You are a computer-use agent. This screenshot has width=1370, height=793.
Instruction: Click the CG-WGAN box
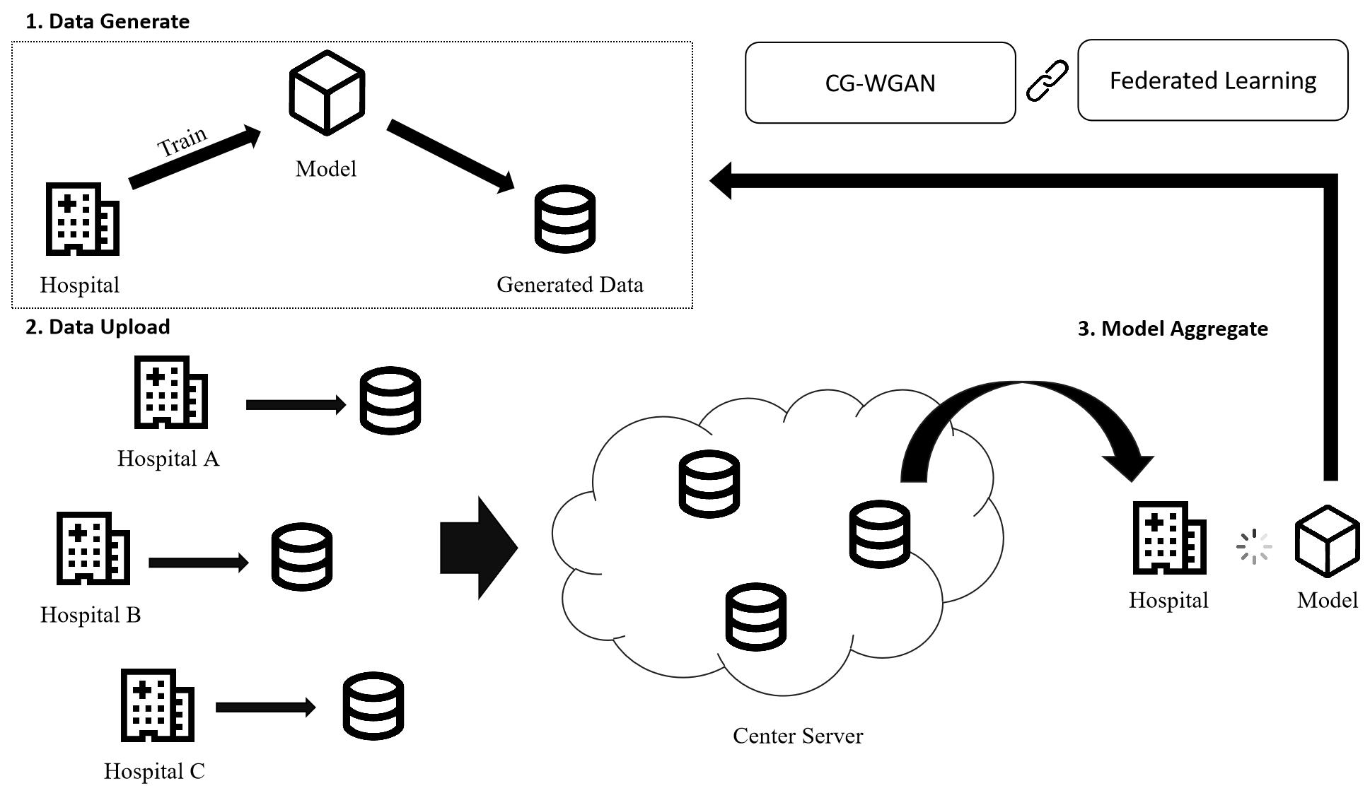pyautogui.click(x=880, y=83)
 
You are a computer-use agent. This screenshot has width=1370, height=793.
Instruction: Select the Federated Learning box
pyautogui.click(x=1212, y=81)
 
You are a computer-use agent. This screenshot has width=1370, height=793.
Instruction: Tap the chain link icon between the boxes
pyautogui.click(x=1047, y=81)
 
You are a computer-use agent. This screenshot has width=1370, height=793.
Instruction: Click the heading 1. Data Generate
pyautogui.click(x=108, y=21)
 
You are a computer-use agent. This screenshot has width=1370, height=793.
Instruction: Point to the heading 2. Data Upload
pyautogui.click(x=98, y=327)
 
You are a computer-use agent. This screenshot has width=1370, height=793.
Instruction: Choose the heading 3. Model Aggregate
pyautogui.click(x=1172, y=329)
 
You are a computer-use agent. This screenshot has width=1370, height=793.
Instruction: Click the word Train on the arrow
pyautogui.click(x=182, y=141)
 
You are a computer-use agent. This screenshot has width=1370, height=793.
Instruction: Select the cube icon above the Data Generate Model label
pyautogui.click(x=327, y=93)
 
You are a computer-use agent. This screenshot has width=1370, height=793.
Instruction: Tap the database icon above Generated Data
pyautogui.click(x=564, y=218)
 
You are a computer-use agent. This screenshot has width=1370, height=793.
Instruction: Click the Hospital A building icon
pyautogui.click(x=170, y=392)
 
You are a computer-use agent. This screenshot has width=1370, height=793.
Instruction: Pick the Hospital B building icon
pyautogui.click(x=93, y=548)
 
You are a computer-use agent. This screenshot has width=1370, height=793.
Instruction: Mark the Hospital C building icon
pyautogui.click(x=157, y=705)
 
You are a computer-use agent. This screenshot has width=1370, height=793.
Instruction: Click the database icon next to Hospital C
pyautogui.click(x=373, y=705)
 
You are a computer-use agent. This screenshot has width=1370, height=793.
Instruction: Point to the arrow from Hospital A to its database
pyautogui.click(x=296, y=405)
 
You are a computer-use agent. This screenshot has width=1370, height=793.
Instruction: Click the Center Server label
pyautogui.click(x=798, y=736)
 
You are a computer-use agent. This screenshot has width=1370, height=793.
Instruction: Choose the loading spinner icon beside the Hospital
pyautogui.click(x=1253, y=546)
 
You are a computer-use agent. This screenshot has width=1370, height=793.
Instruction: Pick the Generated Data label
pyautogui.click(x=570, y=285)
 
